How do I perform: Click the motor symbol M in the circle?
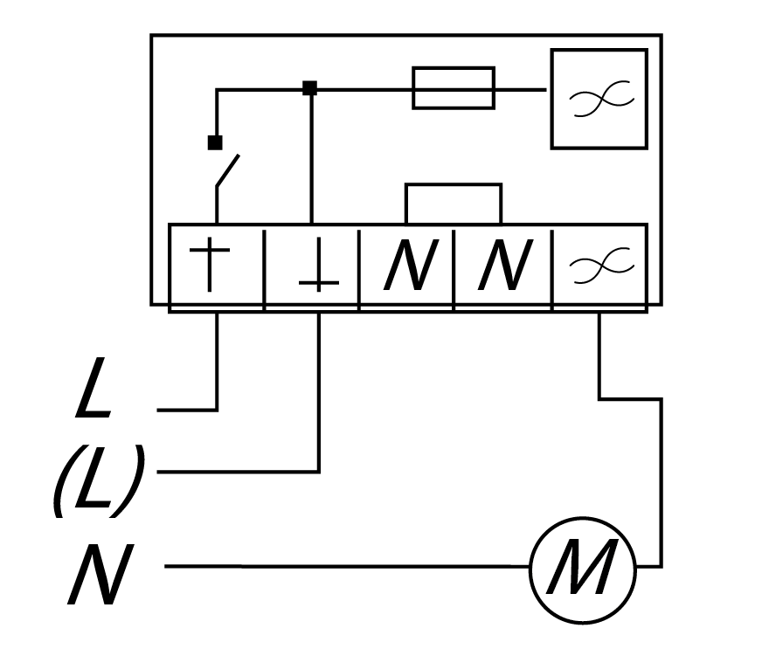(x=583, y=567)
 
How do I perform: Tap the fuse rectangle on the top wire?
(x=453, y=88)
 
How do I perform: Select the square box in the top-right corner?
(x=599, y=98)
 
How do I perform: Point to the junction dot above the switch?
(x=215, y=142)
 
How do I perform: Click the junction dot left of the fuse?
(x=308, y=88)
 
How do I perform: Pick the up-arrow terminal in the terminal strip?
(x=216, y=266)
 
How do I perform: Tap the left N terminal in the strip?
(x=408, y=266)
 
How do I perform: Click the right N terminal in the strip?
(x=502, y=266)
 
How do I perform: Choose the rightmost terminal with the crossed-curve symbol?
(x=599, y=266)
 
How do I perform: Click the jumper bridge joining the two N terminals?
(x=453, y=185)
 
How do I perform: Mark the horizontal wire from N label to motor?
(x=350, y=567)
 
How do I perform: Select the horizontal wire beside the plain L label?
(x=186, y=409)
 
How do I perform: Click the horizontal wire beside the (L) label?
(x=236, y=472)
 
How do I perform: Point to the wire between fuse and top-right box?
(x=521, y=88)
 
